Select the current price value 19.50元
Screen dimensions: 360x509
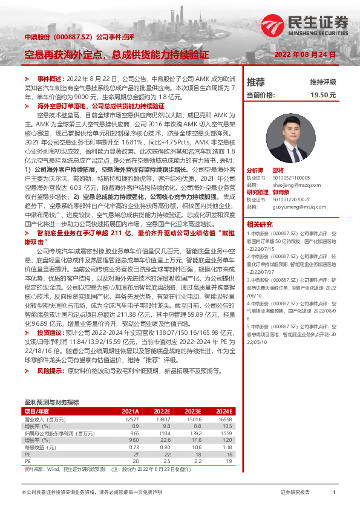pyautogui.click(x=323, y=95)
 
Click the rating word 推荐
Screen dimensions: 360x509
pyautogui.click(x=256, y=82)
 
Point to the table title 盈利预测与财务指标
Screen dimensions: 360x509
pyautogui.click(x=51, y=401)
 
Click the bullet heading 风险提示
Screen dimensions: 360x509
pyautogui.click(x=50, y=370)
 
